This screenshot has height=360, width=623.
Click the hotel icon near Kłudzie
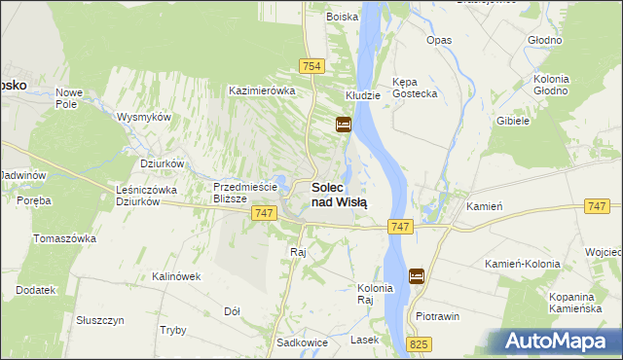[343, 125]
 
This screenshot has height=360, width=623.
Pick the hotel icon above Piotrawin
[417, 276]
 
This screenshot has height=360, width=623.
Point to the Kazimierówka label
[261, 90]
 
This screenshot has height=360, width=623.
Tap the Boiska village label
[342, 17]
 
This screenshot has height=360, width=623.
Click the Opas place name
[439, 40]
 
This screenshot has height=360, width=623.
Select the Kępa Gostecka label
[414, 87]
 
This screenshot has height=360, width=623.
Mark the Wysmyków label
[144, 117]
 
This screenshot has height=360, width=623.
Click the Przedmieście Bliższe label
[245, 192]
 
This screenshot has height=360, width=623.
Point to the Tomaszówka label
[64, 238]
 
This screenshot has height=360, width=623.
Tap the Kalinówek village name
[175, 276]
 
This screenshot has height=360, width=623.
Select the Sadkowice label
[300, 342]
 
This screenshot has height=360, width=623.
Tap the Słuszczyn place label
[99, 320]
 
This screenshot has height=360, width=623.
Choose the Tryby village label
[172, 330]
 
